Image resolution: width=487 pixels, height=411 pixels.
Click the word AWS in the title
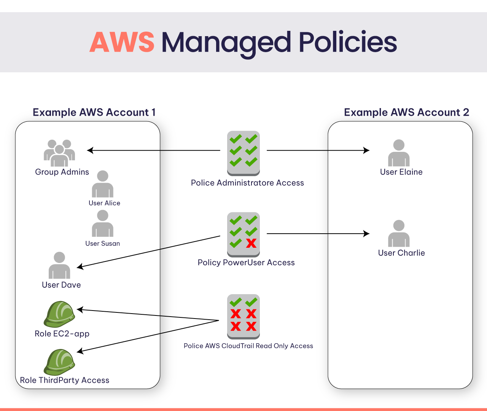tap(122, 42)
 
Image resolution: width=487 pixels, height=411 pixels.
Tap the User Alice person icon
tap(103, 184)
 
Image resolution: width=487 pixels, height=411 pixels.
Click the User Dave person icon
tap(59, 266)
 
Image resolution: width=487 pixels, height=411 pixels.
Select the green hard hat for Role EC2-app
tap(59, 314)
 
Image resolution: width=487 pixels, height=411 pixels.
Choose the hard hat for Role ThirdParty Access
tap(59, 362)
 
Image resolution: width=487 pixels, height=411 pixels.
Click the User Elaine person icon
tap(399, 153)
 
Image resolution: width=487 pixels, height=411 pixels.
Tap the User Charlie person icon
tap(399, 234)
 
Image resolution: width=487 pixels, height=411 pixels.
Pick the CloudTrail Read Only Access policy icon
tap(243, 316)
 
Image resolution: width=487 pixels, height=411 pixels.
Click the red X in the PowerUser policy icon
tap(251, 243)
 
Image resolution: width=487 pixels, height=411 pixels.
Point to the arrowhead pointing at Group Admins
tap(90, 150)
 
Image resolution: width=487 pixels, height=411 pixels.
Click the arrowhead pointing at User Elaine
tap(366, 150)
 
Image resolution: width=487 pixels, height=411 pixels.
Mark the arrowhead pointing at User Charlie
tap(366, 234)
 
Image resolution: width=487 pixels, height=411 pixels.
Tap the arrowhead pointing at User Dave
tap(80, 267)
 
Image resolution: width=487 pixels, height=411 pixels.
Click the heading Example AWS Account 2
tap(406, 112)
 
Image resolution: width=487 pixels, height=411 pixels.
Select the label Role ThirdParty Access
tap(65, 380)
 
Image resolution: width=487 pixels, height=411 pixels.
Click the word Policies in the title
tap(348, 42)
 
